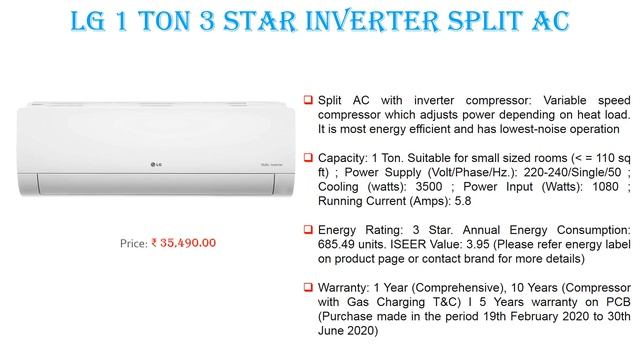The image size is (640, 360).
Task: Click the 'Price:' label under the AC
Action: coord(133,242)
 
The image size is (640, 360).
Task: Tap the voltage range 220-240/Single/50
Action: coord(560,172)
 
